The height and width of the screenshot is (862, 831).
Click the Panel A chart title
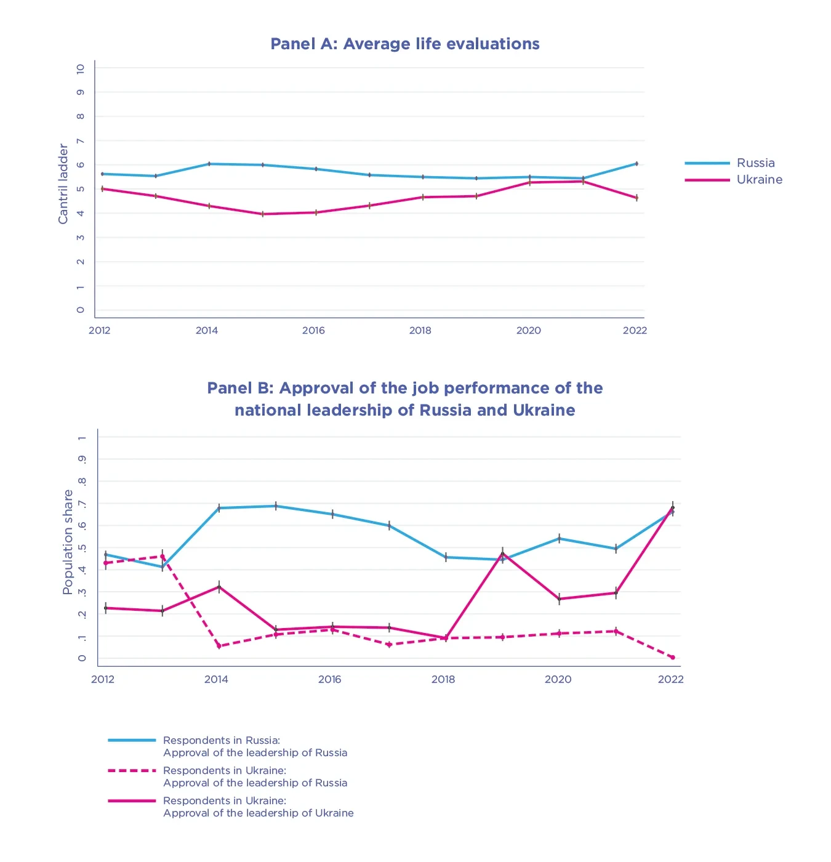pyautogui.click(x=405, y=44)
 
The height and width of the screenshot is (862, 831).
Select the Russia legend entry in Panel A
pyautogui.click(x=755, y=163)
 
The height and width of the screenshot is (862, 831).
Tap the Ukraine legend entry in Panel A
pyautogui.click(x=759, y=180)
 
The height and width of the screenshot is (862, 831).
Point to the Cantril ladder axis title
pyautogui.click(x=63, y=183)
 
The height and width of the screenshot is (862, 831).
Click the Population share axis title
pyautogui.click(x=68, y=542)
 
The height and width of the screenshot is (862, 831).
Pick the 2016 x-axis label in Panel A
pyautogui.click(x=313, y=331)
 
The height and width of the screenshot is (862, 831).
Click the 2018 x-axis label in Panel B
pyautogui.click(x=443, y=680)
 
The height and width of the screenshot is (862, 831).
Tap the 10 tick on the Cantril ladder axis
pyautogui.click(x=81, y=69)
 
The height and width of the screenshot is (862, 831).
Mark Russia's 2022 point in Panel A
pyautogui.click(x=636, y=164)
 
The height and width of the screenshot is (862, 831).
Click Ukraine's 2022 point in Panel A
pyautogui.click(x=636, y=198)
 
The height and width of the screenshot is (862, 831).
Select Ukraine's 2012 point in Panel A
pyautogui.click(x=103, y=189)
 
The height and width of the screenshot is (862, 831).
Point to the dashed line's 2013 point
pyautogui.click(x=163, y=557)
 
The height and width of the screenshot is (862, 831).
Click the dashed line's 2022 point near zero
pyautogui.click(x=672, y=658)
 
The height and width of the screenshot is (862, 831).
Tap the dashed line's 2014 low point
pyautogui.click(x=219, y=646)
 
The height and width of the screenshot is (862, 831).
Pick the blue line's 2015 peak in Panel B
pyautogui.click(x=276, y=506)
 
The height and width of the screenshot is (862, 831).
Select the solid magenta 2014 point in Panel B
pyautogui.click(x=219, y=587)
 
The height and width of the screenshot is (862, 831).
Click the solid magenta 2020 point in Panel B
pyautogui.click(x=559, y=599)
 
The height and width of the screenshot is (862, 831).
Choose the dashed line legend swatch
pyautogui.click(x=132, y=770)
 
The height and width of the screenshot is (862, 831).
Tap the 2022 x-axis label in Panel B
pyautogui.click(x=670, y=680)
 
